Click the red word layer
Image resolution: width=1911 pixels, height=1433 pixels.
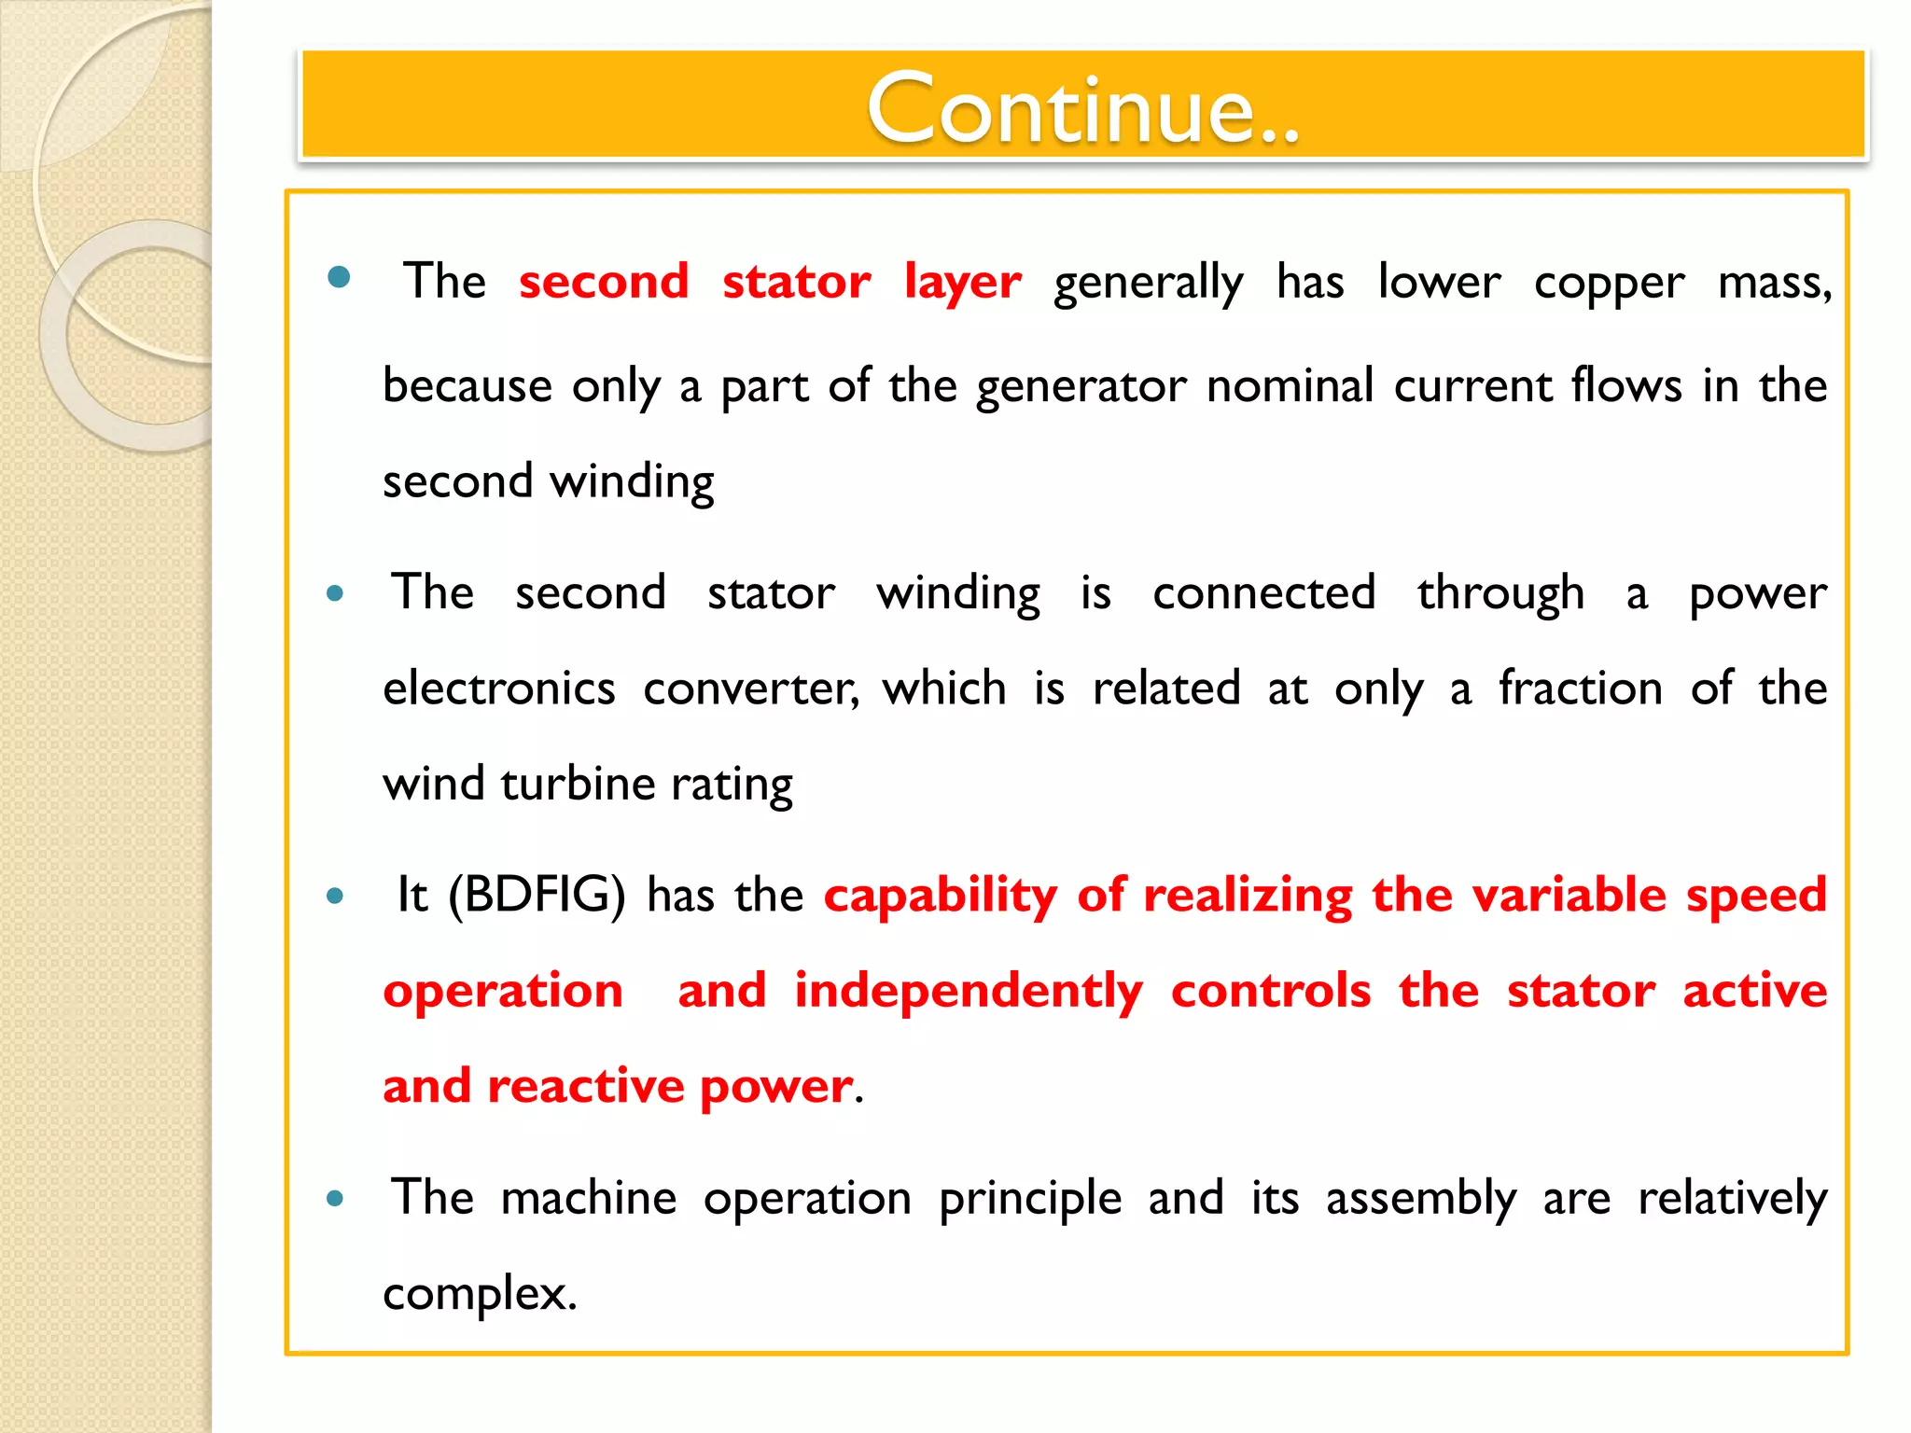click(x=962, y=282)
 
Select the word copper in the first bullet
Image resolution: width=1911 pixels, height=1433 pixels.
click(x=1609, y=283)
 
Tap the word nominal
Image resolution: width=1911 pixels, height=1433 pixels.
click(x=1290, y=385)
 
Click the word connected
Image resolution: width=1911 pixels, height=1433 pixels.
click(x=1263, y=592)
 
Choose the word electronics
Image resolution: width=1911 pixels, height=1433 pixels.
click(x=499, y=689)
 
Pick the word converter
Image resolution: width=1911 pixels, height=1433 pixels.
click(x=749, y=689)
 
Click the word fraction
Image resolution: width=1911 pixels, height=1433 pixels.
click(x=1580, y=689)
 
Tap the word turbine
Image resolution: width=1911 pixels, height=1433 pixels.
click(x=578, y=784)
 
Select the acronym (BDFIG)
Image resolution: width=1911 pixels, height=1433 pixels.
click(x=537, y=896)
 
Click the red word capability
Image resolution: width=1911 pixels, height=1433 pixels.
click(x=940, y=896)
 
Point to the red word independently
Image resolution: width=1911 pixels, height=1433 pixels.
click(x=968, y=991)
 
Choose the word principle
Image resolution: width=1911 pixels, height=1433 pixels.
click(x=1029, y=1198)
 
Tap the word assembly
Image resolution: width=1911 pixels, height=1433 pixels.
click(x=1420, y=1198)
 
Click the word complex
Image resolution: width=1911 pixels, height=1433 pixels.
click(x=478, y=1294)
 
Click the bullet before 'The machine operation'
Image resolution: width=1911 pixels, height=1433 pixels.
click(x=335, y=1199)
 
